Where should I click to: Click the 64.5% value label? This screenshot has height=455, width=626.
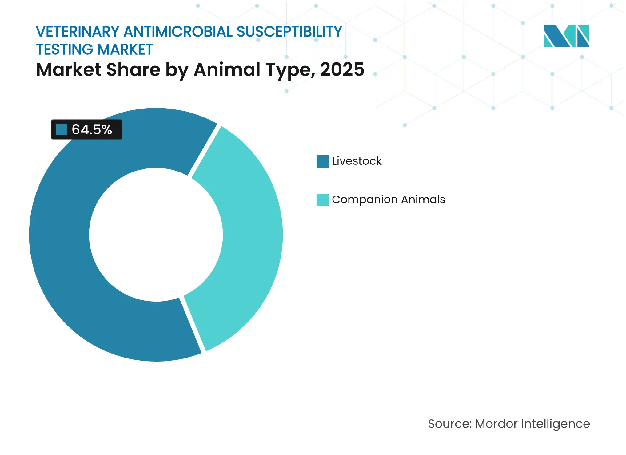pyautogui.click(x=92, y=129)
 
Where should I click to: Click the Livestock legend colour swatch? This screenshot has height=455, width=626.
pyautogui.click(x=322, y=161)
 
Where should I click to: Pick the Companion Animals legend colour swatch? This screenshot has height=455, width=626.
pyautogui.click(x=322, y=200)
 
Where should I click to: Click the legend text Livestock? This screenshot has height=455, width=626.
pyautogui.click(x=357, y=161)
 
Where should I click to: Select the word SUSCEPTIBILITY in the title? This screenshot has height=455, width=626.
pyautogui.click(x=289, y=32)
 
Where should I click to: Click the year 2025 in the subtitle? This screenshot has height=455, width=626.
pyautogui.click(x=342, y=69)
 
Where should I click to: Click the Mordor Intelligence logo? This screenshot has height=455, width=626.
pyautogui.click(x=566, y=36)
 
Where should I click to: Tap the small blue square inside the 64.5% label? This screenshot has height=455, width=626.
pyautogui.click(x=61, y=129)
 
